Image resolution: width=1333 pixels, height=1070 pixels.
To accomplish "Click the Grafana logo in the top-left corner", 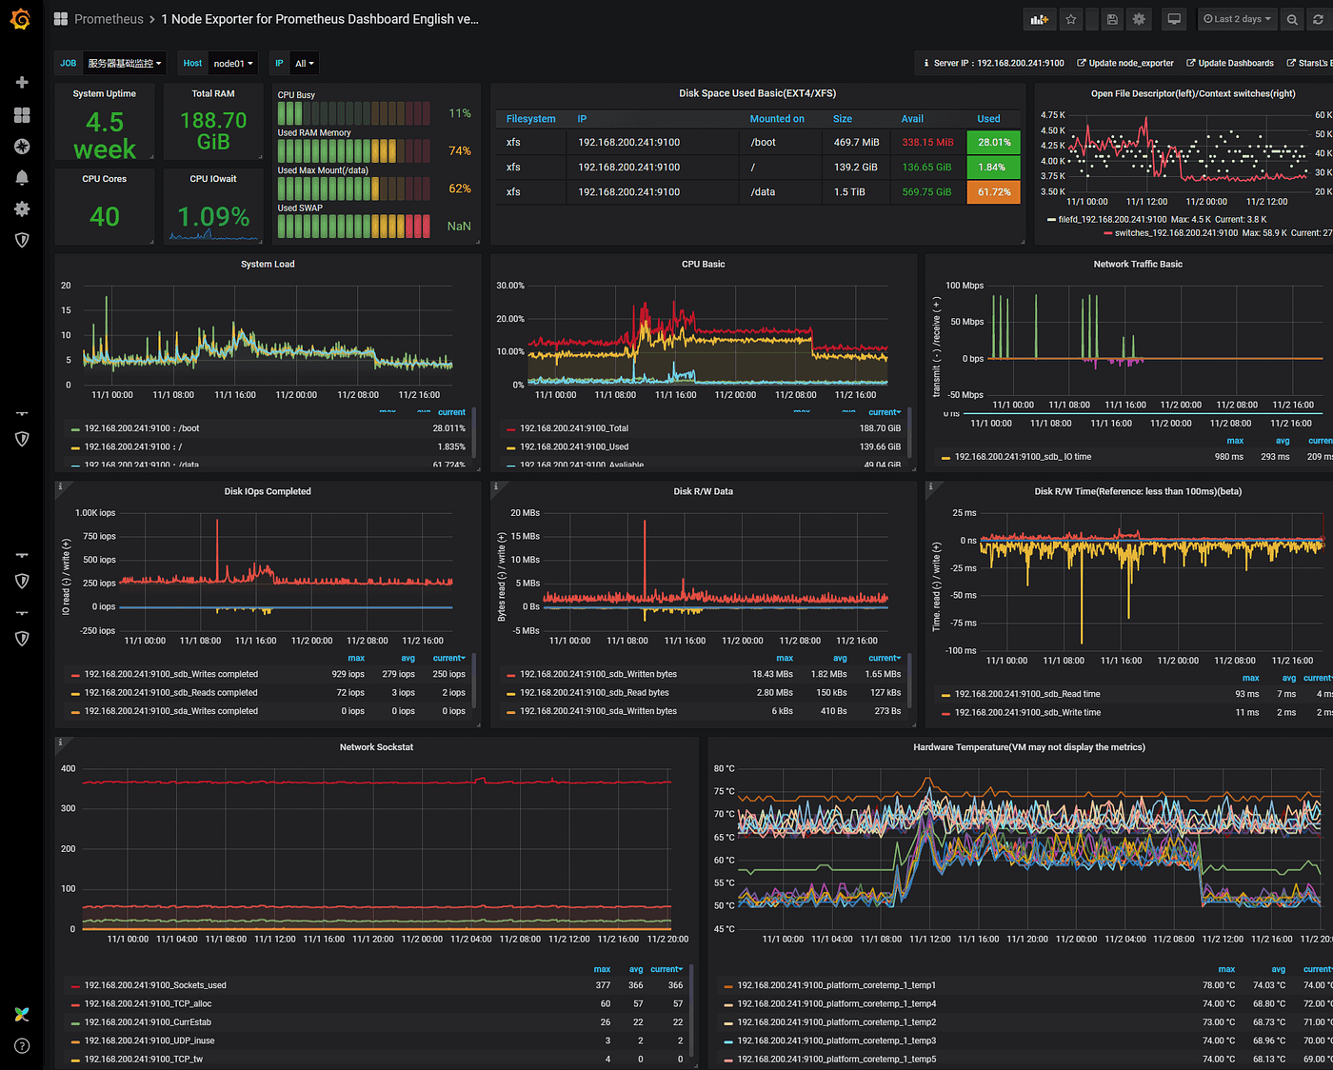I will tap(20, 19).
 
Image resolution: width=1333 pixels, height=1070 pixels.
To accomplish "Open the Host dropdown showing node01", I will tap(233, 64).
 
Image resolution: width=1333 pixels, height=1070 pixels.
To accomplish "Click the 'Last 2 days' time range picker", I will tap(1236, 19).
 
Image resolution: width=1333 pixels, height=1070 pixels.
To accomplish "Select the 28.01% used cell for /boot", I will tap(993, 143).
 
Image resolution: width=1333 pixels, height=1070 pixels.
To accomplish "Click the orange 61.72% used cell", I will tap(993, 192).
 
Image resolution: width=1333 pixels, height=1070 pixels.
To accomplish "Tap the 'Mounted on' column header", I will tap(776, 119).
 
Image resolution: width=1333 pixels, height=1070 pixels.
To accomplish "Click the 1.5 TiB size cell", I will tap(849, 192).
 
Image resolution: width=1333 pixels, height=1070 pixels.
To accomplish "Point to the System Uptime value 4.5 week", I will tap(105, 135).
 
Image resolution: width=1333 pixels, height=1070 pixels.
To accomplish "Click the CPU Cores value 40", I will tap(105, 217).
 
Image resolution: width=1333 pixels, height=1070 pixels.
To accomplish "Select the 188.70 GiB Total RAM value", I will tap(213, 130).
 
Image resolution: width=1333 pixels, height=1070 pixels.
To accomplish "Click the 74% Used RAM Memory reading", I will tap(459, 151).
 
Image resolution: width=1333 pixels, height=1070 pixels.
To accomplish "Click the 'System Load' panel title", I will tap(268, 265).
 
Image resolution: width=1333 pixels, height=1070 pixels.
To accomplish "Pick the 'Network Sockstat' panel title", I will tap(376, 747).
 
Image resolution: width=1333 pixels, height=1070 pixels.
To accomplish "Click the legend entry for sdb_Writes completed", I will tap(170, 674).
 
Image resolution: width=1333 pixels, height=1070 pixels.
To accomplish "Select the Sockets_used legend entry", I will tap(155, 985).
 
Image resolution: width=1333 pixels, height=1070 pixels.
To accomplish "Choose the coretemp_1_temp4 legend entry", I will tap(836, 1003).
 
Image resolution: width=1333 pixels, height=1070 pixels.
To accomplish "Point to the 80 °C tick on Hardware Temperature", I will tap(724, 768).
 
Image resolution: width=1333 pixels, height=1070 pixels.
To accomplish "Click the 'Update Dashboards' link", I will tap(1235, 64).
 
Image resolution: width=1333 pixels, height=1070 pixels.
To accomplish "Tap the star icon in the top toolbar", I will tap(1071, 19).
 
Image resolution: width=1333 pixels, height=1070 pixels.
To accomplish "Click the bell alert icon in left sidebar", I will tap(22, 178).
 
